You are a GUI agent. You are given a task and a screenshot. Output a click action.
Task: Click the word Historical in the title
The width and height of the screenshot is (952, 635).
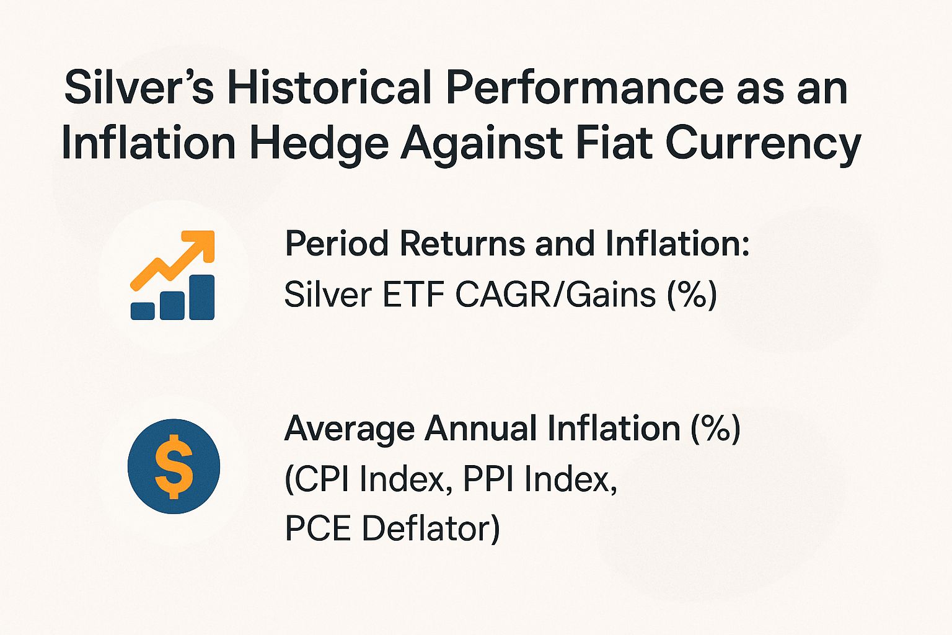[329, 88]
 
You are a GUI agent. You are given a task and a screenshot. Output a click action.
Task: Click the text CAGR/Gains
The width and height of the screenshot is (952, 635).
[555, 294]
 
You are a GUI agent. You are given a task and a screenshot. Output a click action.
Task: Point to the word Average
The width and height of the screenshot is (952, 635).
[349, 429]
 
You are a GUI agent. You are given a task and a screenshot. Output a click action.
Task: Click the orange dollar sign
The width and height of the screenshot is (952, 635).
[174, 466]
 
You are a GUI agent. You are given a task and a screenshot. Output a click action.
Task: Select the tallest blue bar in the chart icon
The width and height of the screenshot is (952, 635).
[202, 297]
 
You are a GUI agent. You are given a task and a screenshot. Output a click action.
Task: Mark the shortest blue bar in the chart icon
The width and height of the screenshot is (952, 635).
[143, 311]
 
